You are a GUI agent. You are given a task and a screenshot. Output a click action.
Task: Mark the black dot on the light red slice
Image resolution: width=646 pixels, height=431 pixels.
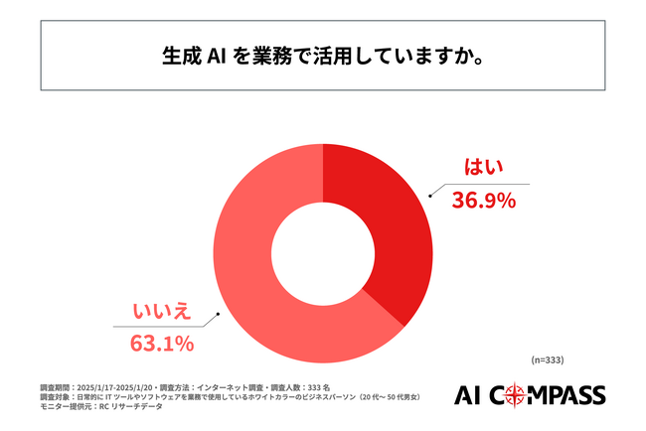(217, 319)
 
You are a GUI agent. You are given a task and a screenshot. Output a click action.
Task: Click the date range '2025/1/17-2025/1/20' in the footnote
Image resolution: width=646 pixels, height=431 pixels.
(119, 385)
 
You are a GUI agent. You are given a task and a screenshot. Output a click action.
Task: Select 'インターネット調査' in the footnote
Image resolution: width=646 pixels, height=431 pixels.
(244, 385)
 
